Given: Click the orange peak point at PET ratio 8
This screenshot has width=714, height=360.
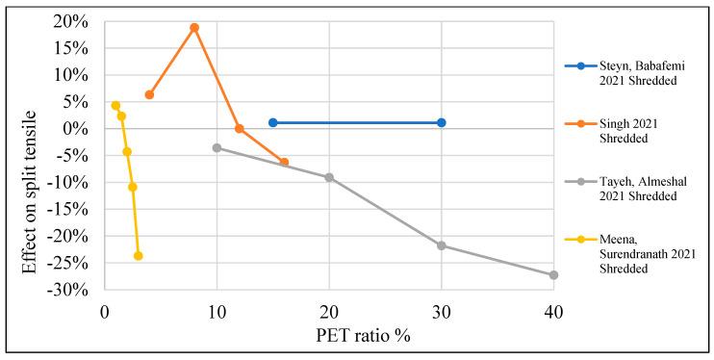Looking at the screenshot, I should pos(194,28).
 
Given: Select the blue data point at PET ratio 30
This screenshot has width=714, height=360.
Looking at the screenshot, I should pos(441,122).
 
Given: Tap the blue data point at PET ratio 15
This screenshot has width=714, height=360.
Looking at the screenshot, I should pos(273,122).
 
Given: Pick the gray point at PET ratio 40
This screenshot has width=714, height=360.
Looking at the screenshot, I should pos(553,275).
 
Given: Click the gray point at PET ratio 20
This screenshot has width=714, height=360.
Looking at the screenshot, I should pos(329,177).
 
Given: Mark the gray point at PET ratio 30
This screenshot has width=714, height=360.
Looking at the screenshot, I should pos(441,245).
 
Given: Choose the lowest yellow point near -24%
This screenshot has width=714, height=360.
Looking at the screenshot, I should pos(138,256).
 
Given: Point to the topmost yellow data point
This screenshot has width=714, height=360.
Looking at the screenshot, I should pos(115,106).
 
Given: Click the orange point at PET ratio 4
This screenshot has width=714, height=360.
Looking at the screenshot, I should pos(149,94).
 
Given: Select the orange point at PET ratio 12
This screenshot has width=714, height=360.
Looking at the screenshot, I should pos(240,128).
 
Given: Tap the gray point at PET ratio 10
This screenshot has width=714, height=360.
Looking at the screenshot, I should pos(217,147).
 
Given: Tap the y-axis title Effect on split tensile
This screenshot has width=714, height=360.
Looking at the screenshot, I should pos(30,156).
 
